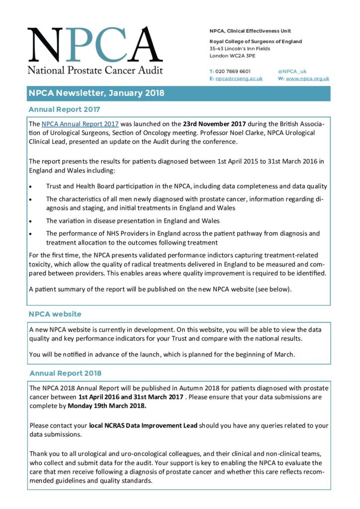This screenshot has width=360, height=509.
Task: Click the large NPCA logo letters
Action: click(x=94, y=46)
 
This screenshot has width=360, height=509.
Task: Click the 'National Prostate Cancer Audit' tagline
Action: click(x=95, y=70)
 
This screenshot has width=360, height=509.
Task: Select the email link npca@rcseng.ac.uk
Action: click(x=239, y=79)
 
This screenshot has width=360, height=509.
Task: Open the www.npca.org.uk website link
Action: click(x=307, y=79)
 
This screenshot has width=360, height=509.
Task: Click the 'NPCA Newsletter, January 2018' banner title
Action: click(x=96, y=93)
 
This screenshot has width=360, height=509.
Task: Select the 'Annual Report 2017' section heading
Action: click(x=64, y=109)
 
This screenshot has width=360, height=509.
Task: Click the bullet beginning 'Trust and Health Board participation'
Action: click(x=186, y=186)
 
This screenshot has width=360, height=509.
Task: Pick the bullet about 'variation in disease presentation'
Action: click(x=133, y=221)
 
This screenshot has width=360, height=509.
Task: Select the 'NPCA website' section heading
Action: click(x=55, y=314)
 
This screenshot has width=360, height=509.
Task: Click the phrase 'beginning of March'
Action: click(x=268, y=354)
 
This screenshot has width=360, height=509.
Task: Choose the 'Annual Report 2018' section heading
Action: click(x=65, y=373)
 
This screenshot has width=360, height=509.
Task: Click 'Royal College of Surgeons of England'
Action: click(x=256, y=42)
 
